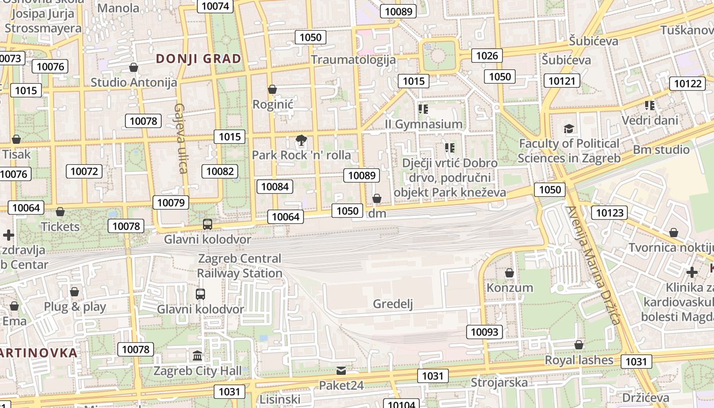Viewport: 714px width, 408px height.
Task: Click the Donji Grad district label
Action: tap(198, 59)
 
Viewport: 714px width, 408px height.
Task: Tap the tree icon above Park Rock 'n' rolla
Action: tap(301, 140)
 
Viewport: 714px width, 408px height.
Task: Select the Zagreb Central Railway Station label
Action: tap(240, 266)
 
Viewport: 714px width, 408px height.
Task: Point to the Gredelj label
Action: tap(393, 304)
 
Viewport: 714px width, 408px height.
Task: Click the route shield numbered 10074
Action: tap(216, 6)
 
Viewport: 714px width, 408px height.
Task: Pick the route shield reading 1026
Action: tap(487, 56)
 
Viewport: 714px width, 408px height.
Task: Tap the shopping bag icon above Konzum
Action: tap(509, 273)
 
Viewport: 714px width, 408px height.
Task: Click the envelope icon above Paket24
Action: tap(341, 370)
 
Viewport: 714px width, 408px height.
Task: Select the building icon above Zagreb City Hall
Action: tap(197, 355)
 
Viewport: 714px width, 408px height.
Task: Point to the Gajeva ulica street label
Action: tap(181, 138)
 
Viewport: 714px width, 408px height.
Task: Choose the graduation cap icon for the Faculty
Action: tap(569, 129)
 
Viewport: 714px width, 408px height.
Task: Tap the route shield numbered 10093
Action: tap(484, 333)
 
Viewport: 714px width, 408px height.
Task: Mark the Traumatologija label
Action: tap(353, 60)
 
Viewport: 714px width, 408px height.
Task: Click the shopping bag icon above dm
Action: tap(377, 198)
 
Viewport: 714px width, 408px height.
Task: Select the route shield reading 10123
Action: tap(609, 213)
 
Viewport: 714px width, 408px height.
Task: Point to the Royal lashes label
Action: tap(579, 360)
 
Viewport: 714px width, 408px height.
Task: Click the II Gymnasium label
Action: tap(423, 124)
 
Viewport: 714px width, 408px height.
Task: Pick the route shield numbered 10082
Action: tap(220, 171)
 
